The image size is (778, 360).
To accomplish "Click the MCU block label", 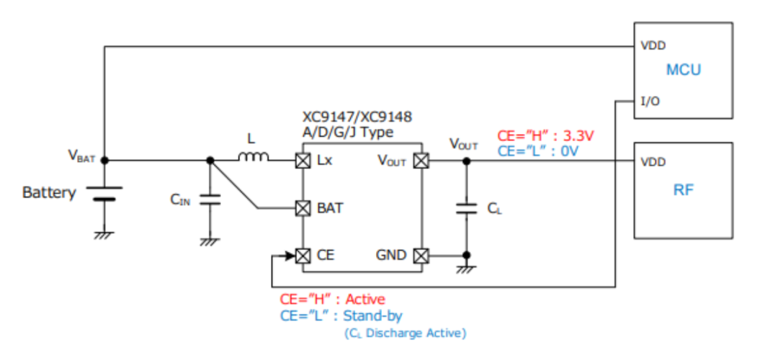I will (x=683, y=70).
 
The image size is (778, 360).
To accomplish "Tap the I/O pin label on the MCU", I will (x=649, y=102).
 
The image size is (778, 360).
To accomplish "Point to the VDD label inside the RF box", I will (x=653, y=162).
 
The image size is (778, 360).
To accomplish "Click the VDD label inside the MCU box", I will (x=653, y=45).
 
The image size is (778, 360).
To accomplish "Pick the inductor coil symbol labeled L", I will (x=253, y=158).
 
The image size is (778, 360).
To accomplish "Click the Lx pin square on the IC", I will (x=303, y=161).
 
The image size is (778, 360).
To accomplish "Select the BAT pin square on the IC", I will (x=303, y=209).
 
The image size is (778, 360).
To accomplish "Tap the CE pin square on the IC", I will (x=303, y=255).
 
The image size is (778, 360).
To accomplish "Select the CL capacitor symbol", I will (x=467, y=208).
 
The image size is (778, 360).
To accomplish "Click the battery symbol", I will (x=104, y=194).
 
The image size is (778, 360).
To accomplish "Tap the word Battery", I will (x=49, y=193).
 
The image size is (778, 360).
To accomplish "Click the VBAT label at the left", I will (x=81, y=155).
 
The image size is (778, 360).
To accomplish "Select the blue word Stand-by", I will (x=372, y=315).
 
